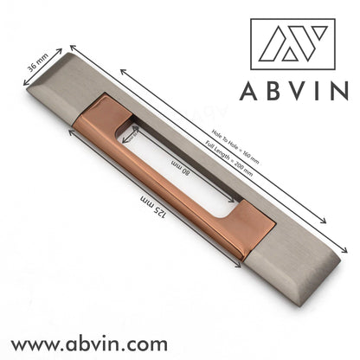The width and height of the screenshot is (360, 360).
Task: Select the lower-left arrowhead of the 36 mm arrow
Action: tap(24, 83)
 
